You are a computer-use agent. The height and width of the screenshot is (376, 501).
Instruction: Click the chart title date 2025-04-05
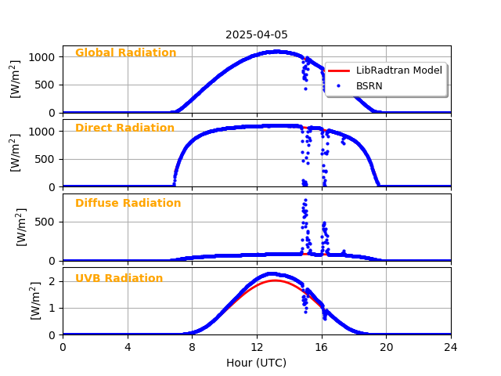click(257, 34)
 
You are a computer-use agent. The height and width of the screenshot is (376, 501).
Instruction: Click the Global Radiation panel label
click(125, 53)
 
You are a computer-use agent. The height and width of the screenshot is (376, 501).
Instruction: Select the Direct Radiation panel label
click(124, 128)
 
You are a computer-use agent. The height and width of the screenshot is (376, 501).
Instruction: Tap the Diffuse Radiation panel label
click(128, 203)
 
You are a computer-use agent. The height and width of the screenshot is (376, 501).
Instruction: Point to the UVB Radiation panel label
click(119, 278)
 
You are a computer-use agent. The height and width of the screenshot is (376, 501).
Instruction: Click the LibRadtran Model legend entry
click(399, 70)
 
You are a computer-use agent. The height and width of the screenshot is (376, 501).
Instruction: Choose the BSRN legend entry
click(369, 86)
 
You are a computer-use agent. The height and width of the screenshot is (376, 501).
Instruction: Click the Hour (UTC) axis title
click(257, 363)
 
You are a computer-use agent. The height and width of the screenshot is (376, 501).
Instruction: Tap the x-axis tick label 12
click(257, 346)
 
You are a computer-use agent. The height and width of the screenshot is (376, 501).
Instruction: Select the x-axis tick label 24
click(451, 346)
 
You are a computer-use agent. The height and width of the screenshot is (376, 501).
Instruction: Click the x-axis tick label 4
click(128, 346)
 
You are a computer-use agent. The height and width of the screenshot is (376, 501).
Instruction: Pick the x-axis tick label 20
click(386, 346)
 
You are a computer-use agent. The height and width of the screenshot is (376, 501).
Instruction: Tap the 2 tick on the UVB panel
click(52, 281)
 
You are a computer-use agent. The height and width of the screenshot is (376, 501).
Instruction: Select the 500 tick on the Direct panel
click(45, 159)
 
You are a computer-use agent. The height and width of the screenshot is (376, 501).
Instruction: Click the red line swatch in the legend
click(339, 70)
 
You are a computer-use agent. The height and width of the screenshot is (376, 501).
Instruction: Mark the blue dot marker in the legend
click(339, 86)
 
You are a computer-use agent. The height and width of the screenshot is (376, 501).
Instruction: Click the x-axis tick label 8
click(192, 346)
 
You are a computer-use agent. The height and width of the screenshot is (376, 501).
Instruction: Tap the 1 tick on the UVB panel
click(52, 308)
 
